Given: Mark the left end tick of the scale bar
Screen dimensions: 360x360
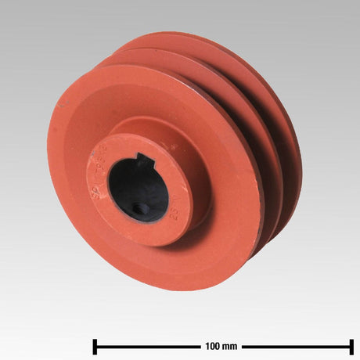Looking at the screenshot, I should point(95,346).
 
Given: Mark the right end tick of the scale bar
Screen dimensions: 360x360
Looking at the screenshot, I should point(351,346).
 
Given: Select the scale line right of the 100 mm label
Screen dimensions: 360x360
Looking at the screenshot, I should point(297,346).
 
